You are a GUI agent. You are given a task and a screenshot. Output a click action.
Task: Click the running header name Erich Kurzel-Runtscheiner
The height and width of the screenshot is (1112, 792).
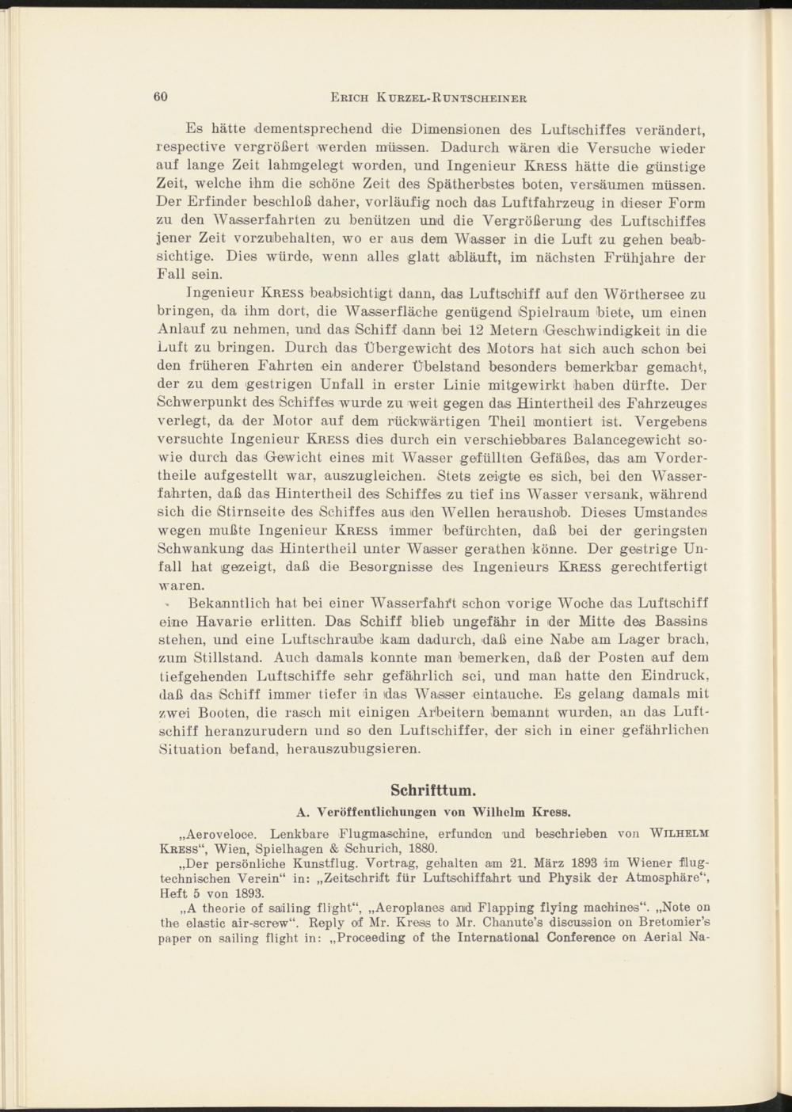428,98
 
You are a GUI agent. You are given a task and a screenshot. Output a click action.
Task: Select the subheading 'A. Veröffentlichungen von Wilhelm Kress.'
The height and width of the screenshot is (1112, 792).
433,811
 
